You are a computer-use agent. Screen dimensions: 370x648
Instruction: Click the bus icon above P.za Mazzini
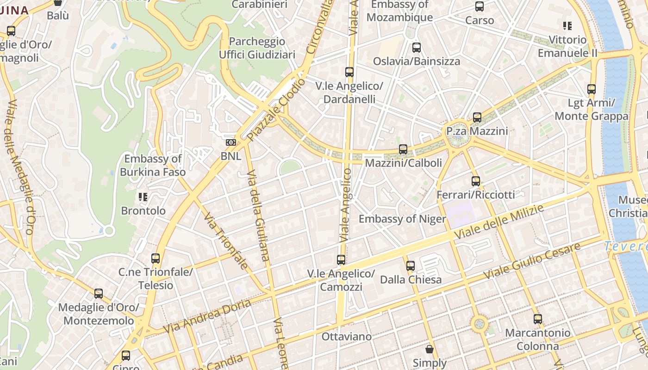pyautogui.click(x=477, y=117)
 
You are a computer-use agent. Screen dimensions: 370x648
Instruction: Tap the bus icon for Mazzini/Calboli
pyautogui.click(x=403, y=149)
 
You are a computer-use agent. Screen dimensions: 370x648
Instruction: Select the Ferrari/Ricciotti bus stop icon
pyautogui.click(x=476, y=181)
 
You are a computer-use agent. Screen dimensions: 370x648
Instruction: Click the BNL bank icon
pyautogui.click(x=231, y=142)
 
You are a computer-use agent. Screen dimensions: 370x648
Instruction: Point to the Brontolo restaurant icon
pyautogui.click(x=143, y=197)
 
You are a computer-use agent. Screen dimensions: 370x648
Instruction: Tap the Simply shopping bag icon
pyautogui.click(x=430, y=349)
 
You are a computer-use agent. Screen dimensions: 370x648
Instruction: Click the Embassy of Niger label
pyautogui.click(x=402, y=219)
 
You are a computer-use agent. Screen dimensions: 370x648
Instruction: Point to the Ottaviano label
pyautogui.click(x=347, y=337)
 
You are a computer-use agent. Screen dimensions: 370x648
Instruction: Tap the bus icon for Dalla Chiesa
pyautogui.click(x=411, y=266)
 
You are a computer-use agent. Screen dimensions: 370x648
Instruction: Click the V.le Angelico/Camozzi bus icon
pyautogui.click(x=341, y=260)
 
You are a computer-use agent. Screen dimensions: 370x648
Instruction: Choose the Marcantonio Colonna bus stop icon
pyautogui.click(x=537, y=319)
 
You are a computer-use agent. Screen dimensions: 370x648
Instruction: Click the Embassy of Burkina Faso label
pyautogui.click(x=153, y=166)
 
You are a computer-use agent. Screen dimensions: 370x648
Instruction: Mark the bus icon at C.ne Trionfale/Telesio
pyautogui.click(x=156, y=259)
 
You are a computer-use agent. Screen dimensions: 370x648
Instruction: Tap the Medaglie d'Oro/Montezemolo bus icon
pyautogui.click(x=99, y=294)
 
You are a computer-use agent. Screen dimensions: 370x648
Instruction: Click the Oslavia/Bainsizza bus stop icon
pyautogui.click(x=417, y=48)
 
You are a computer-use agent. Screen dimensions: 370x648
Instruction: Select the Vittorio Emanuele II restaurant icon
pyautogui.click(x=567, y=26)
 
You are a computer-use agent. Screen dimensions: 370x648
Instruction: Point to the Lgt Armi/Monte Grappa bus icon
pyautogui.click(x=592, y=89)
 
